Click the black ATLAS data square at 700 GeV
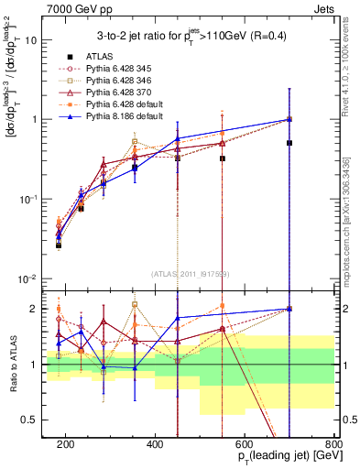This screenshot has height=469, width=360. click(289, 143)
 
